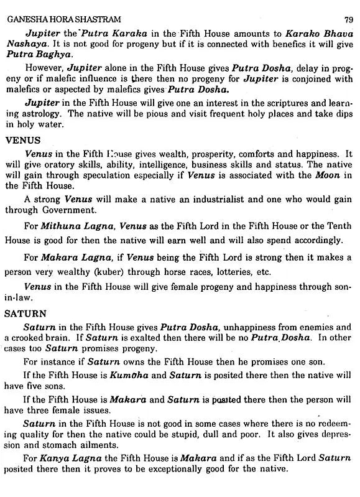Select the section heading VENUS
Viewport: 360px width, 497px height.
click(x=22, y=141)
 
